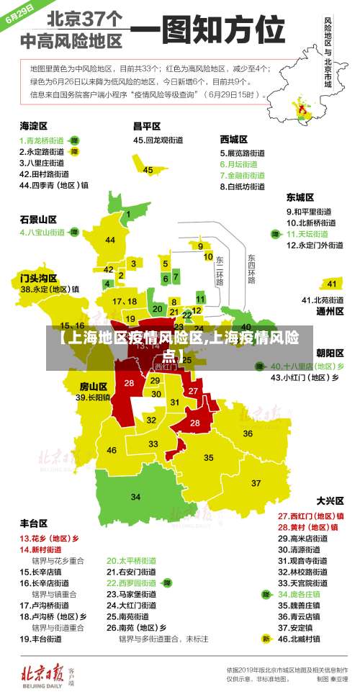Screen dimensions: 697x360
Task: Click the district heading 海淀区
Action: pos(33,125)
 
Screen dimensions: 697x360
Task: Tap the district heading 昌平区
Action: pos(146,125)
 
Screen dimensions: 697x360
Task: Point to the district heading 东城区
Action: pos(300,197)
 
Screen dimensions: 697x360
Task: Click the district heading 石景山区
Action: pos(38,219)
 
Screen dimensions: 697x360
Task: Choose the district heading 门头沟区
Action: pos(38,276)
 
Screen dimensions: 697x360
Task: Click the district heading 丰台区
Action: pos(33,523)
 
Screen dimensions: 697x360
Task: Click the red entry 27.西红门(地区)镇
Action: pos(311,516)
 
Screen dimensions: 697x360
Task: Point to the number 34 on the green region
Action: pos(135,497)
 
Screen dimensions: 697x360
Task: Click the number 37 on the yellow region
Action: pos(256,482)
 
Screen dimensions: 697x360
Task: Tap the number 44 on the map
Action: pos(110,240)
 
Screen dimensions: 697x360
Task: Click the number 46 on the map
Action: pos(112,450)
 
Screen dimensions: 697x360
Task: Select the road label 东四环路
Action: pos(251,268)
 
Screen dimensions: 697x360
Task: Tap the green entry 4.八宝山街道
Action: pos(42,233)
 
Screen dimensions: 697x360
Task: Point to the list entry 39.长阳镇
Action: pos(94,397)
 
